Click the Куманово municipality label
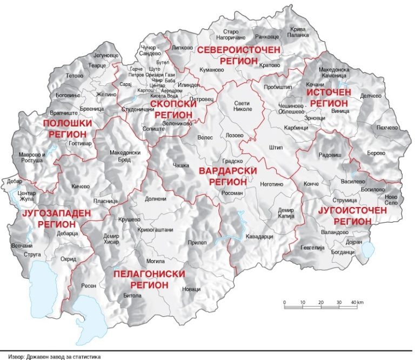[x=211, y=70]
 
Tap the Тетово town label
[x=74, y=76]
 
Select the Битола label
[x=132, y=296]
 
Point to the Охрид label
[x=69, y=259]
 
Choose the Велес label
[x=205, y=138]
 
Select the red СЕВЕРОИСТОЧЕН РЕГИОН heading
[x=238, y=56]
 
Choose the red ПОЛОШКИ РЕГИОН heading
[x=68, y=129]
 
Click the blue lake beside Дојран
[x=368, y=250]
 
